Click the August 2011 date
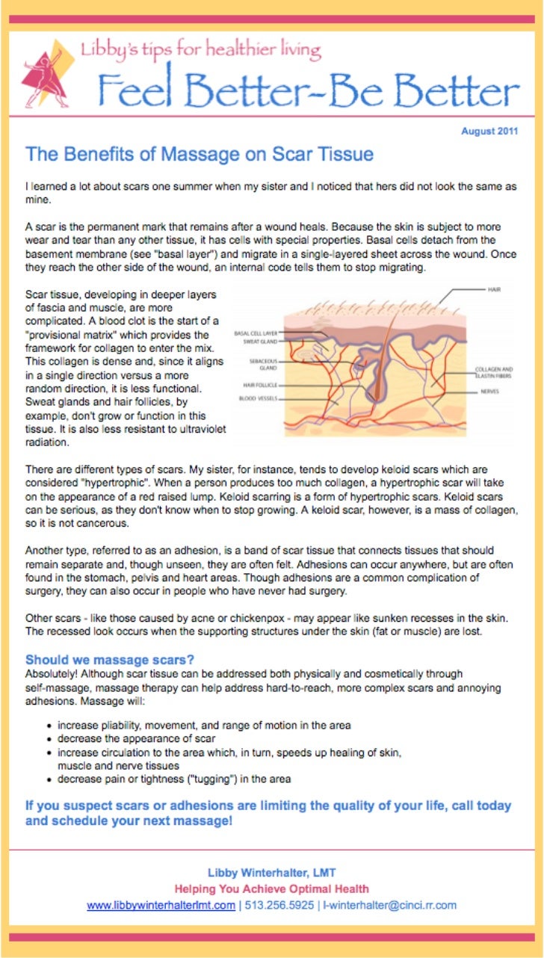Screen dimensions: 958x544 pos(489,132)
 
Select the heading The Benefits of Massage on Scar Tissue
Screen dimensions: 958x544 pos(200,155)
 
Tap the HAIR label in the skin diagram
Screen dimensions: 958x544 pos(494,288)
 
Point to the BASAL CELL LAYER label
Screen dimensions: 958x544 pos(256,333)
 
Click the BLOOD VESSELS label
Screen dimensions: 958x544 pos(259,399)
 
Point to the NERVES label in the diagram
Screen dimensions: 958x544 pos(489,391)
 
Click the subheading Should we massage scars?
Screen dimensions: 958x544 pos(110,660)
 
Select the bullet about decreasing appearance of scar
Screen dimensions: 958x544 pos(137,739)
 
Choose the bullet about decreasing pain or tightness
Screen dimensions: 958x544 pos(174,779)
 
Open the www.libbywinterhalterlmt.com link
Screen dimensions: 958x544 pos(161,905)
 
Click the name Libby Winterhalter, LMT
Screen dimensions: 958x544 pos(271,873)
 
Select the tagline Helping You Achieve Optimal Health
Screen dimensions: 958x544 pos(271,889)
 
